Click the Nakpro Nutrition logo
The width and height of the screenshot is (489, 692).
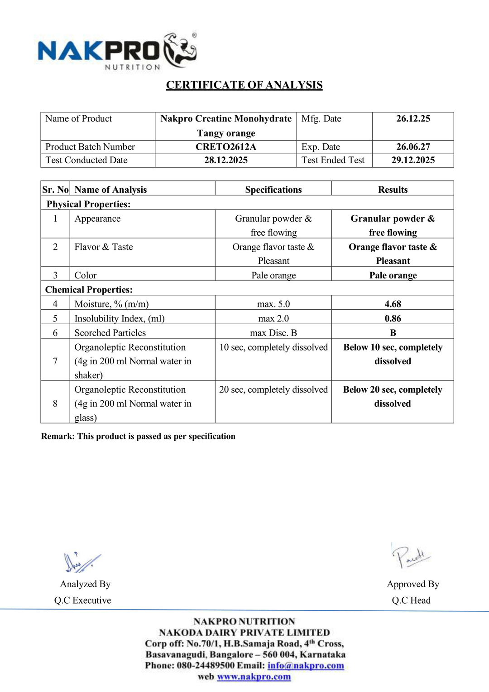click(x=117, y=51)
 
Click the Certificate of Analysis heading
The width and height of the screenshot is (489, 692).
click(x=244, y=85)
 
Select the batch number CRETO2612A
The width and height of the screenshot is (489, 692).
click(x=225, y=147)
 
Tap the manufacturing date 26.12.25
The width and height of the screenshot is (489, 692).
click(x=413, y=119)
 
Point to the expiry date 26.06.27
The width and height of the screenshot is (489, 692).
click(x=413, y=147)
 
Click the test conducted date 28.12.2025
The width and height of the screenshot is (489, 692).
click(x=225, y=160)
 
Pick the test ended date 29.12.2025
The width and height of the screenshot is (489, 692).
click(x=413, y=160)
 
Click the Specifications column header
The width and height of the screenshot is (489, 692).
click(x=273, y=190)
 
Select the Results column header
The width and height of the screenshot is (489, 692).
click(x=393, y=190)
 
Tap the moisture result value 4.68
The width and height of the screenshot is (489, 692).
click(x=393, y=304)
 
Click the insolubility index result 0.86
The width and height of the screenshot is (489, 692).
click(x=393, y=318)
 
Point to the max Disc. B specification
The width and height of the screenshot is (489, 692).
click(x=273, y=333)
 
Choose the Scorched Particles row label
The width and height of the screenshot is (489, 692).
click(x=110, y=333)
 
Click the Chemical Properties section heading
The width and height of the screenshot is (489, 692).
click(x=89, y=290)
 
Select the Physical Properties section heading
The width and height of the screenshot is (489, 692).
click(x=88, y=204)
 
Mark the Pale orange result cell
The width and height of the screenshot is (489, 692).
click(x=393, y=275)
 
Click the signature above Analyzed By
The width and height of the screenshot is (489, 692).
click(x=81, y=562)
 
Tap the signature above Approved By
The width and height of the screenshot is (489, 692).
click(x=410, y=556)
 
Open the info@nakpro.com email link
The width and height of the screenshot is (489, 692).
click(x=306, y=666)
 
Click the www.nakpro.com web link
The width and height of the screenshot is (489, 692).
click(x=254, y=677)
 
